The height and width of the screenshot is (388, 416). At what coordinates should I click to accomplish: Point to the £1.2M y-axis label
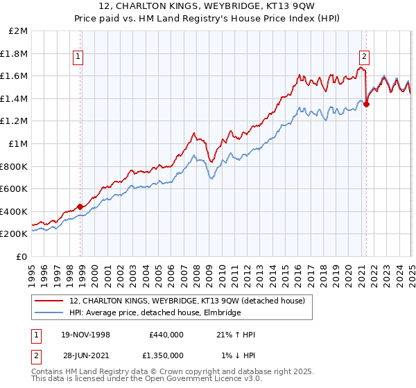point(16,121)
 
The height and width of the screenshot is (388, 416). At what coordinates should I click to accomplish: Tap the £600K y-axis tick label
point(15,188)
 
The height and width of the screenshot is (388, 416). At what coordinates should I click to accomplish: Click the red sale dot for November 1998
point(80,206)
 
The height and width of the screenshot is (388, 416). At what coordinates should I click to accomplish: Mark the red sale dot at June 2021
point(367,105)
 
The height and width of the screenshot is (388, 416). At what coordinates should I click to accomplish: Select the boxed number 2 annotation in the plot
point(364,58)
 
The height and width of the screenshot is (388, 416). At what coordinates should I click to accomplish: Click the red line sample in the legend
point(49,301)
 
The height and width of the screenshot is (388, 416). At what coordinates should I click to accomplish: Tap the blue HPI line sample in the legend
point(49,313)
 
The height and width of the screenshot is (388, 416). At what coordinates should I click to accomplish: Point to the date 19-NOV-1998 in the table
point(85,335)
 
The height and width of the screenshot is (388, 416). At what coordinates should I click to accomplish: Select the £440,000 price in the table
point(166,335)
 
